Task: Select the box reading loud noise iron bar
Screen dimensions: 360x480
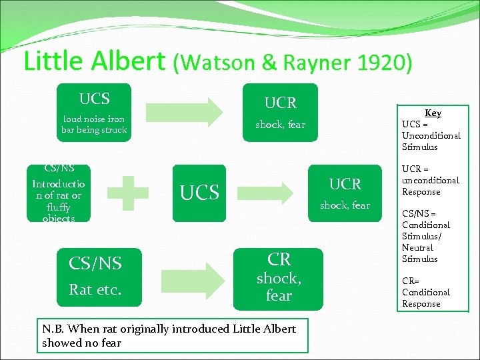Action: [x=94, y=113]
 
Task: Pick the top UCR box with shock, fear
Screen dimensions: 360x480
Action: [x=280, y=112]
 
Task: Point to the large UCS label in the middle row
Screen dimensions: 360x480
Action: [x=200, y=193]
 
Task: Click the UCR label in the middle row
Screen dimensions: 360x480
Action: [x=345, y=184]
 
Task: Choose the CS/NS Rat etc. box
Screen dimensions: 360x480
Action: [x=102, y=277]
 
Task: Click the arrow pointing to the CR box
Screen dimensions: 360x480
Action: [x=189, y=277]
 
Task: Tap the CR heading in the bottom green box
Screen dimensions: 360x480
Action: [x=279, y=259]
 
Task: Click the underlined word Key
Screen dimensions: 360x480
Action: [x=433, y=113]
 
